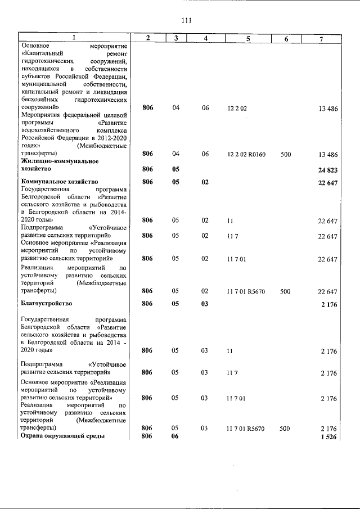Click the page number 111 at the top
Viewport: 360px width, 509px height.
coord(187,21)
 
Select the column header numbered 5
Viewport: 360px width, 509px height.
coord(247,38)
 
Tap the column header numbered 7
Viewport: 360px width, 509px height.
coord(321,38)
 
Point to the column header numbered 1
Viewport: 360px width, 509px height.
coord(73,38)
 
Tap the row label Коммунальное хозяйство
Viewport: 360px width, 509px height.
coord(59,182)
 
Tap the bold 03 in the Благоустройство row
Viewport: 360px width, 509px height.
coord(205,304)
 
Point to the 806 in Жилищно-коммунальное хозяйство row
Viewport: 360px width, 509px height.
coord(147,169)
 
